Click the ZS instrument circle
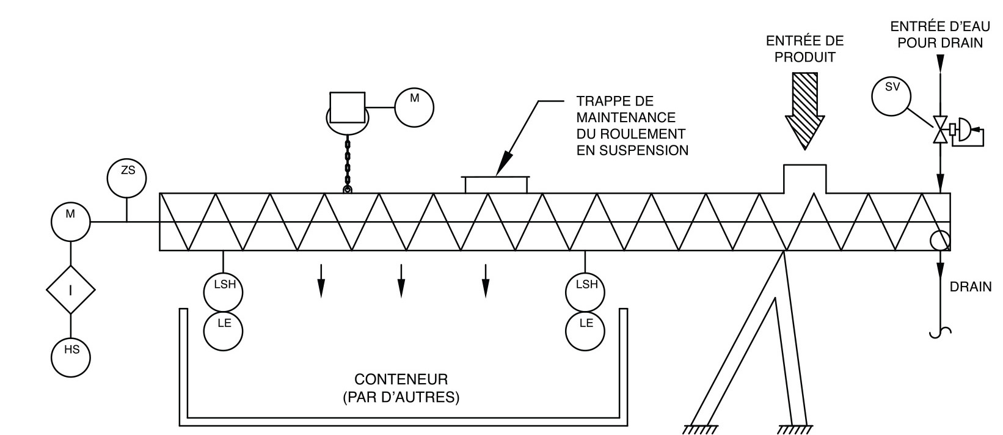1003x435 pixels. (x=126, y=178)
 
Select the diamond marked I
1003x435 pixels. (x=71, y=290)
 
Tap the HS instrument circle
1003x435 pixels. (x=71, y=356)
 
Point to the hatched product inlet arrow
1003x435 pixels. (x=804, y=111)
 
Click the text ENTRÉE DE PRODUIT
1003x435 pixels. (x=804, y=49)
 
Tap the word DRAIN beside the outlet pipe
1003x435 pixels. (x=971, y=287)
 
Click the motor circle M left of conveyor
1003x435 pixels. (x=71, y=222)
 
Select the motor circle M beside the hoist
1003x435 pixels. (x=414, y=108)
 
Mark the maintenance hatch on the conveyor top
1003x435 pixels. (x=496, y=185)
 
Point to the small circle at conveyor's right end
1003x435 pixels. (x=940, y=240)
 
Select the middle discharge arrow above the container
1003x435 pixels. (x=401, y=280)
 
